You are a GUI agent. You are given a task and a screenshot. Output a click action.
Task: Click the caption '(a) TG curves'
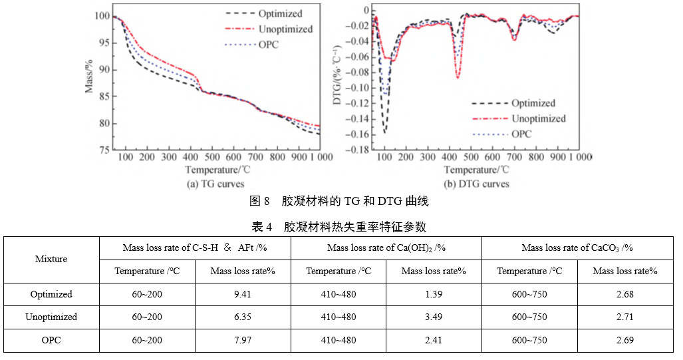pos(217,184)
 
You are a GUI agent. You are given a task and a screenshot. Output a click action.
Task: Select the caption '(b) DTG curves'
pos(477,184)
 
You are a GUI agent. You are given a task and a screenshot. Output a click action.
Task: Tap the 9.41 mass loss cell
pos(243,294)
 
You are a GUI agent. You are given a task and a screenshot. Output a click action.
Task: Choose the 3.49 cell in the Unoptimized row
pos(434,317)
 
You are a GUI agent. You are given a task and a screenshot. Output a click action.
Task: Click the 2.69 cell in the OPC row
pos(624,340)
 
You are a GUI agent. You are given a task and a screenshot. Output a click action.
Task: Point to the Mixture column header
pos(51,259)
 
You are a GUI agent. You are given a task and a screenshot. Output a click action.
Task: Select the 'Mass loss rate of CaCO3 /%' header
pos(577,248)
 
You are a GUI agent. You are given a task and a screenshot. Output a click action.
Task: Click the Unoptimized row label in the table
pos(51,317)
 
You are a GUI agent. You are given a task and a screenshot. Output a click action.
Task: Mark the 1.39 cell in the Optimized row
pos(434,294)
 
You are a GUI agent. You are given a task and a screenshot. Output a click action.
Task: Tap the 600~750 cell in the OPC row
pos(529,340)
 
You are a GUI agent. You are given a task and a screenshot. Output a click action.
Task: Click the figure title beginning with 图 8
pos(339,201)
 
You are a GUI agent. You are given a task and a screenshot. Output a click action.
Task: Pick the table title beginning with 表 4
pos(339,226)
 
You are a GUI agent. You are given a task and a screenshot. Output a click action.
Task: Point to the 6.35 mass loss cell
pos(243,317)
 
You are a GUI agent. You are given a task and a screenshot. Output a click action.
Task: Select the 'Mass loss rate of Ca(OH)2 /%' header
pos(386,248)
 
